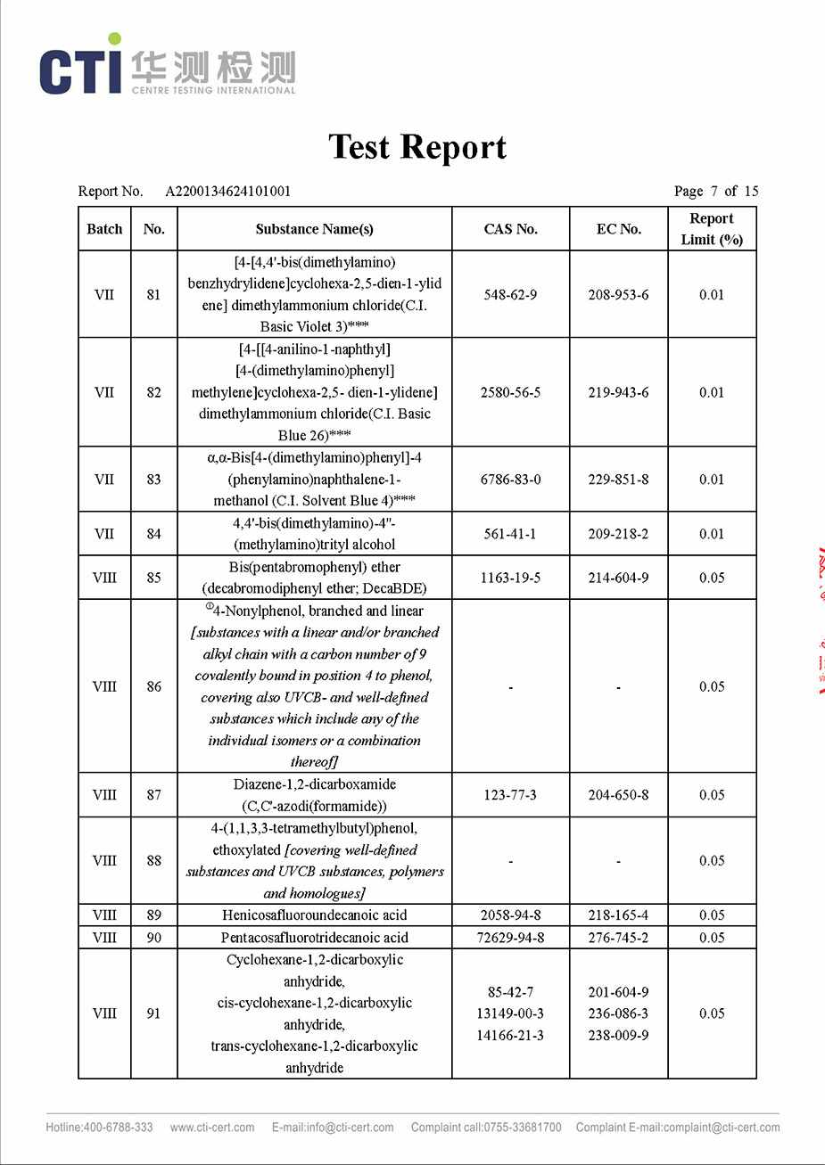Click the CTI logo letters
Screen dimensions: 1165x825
point(80,70)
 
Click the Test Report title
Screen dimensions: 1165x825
point(417,147)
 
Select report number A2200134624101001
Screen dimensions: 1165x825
point(227,191)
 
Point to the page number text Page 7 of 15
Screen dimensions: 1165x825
point(715,191)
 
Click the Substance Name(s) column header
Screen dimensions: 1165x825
point(314,229)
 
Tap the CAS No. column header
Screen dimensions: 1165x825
point(510,229)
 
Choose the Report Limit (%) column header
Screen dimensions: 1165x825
point(712,229)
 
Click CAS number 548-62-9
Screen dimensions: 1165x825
point(510,294)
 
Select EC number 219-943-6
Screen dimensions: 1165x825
point(618,392)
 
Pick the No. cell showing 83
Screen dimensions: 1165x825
point(153,480)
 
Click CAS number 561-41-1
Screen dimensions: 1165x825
point(510,534)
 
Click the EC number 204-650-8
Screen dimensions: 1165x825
point(618,795)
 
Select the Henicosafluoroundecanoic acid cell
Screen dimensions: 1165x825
point(314,915)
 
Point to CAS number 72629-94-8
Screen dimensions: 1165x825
point(510,938)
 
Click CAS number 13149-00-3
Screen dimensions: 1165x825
point(510,1013)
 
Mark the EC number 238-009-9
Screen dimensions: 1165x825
point(618,1036)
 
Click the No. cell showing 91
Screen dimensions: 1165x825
point(153,1013)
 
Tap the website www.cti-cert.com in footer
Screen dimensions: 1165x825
point(212,1128)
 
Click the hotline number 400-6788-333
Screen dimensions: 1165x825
point(119,1128)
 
